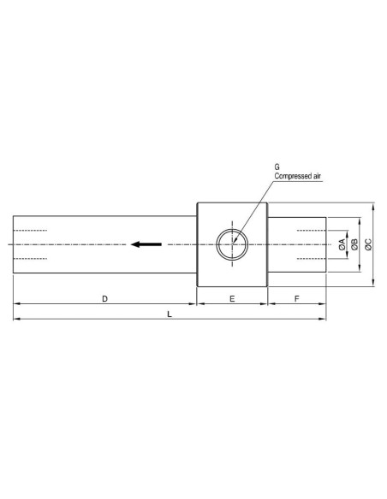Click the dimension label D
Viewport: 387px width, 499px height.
pos(104,299)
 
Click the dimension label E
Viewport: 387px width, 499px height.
pos(232,299)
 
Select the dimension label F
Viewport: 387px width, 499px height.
pos(297,299)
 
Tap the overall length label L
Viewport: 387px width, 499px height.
pos(170,314)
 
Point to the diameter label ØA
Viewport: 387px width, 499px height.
pos(342,244)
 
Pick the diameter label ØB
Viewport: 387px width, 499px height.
pos(354,244)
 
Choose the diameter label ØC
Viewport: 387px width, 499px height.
pos(368,244)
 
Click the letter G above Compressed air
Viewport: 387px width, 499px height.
pos(277,167)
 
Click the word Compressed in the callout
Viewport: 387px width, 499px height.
pos(294,176)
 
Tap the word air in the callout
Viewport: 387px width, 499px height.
pos(318,176)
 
